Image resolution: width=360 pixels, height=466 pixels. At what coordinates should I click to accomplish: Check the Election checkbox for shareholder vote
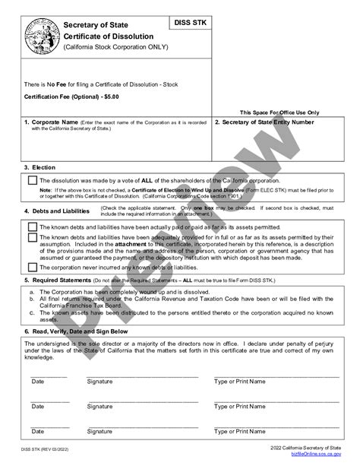(32, 180)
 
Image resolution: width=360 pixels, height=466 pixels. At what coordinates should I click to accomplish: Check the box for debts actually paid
(32, 226)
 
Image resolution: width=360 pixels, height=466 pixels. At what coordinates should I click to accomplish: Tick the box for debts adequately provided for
(32, 238)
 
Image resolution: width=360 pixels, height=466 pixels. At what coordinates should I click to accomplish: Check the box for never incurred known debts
(32, 267)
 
